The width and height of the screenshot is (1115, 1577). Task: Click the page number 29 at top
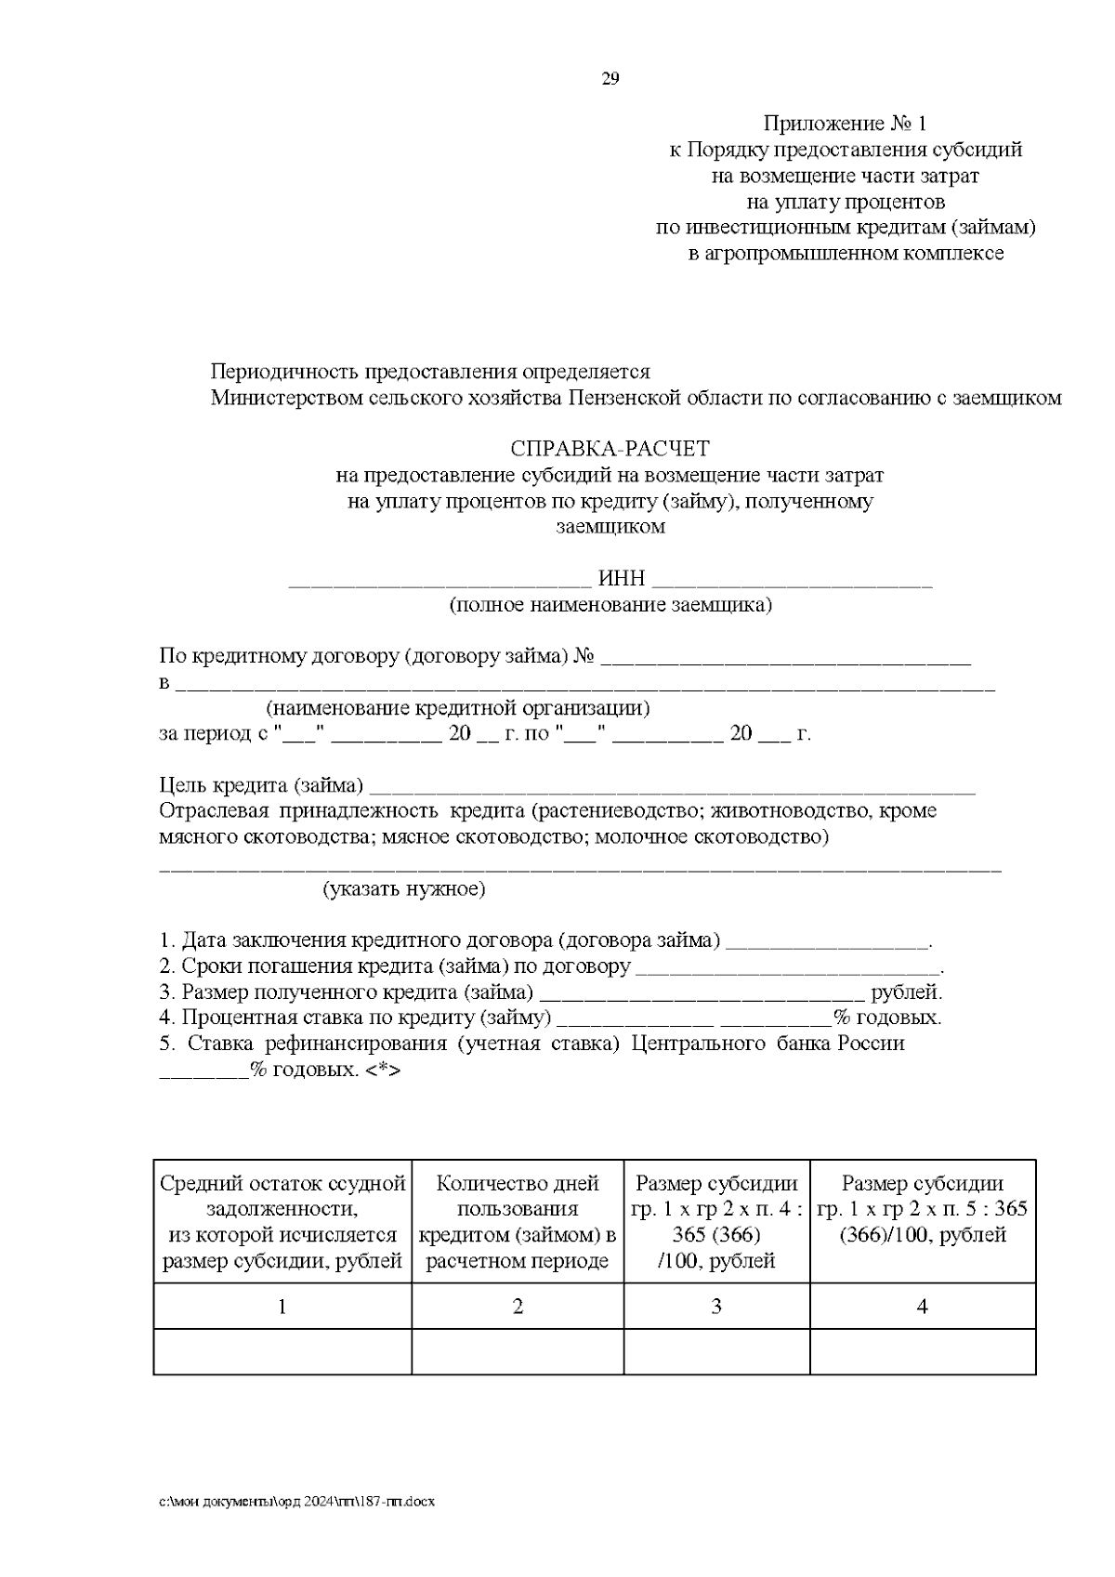610,79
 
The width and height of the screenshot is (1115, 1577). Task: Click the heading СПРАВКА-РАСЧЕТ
610,449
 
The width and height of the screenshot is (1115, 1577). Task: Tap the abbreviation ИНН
621,579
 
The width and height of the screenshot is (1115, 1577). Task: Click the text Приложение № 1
845,124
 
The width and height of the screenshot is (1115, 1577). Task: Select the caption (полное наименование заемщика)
610,606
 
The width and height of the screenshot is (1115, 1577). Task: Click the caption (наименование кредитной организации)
457,708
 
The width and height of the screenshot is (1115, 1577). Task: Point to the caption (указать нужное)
404,889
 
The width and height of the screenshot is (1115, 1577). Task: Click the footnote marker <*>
383,1070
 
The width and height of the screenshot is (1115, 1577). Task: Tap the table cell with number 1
282,1307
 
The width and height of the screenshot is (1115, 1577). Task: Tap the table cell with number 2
518,1307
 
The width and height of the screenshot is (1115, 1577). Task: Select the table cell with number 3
716,1307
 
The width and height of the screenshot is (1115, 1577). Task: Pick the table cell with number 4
923,1307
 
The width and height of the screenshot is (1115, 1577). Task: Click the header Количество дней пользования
518,1196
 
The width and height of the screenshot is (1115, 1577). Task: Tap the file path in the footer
296,1501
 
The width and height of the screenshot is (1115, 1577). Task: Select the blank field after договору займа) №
785,658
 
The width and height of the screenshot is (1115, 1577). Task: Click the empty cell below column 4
923,1351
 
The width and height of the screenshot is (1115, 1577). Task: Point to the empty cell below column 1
282,1351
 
